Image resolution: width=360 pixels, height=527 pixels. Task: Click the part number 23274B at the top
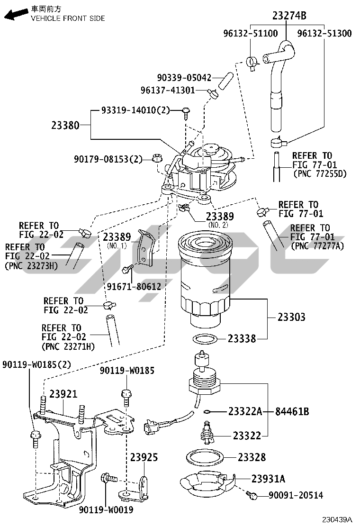289,16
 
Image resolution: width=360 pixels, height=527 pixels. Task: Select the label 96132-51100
251,33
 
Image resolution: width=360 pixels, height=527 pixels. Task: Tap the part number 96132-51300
324,33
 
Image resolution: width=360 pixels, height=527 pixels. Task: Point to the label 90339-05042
184,78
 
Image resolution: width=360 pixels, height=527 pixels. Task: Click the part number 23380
65,126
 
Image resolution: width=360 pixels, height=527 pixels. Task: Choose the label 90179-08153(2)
108,159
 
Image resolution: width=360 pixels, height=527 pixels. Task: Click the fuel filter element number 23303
291,317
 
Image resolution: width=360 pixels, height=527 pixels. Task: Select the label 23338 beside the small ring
242,338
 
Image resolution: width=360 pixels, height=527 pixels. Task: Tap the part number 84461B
292,411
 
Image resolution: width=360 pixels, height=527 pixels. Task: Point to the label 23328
252,457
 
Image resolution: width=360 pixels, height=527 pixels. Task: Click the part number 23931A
268,479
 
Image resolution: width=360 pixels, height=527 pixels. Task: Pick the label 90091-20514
296,495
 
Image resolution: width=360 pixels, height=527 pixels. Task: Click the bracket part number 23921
63,393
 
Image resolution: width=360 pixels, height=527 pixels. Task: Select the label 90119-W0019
106,510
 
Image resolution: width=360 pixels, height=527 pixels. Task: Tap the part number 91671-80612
134,286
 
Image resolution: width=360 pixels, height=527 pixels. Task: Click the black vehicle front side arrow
16,14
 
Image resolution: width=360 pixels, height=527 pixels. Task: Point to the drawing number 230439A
337,519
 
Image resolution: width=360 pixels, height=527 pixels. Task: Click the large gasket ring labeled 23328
205,457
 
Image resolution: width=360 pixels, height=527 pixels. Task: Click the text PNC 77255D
320,174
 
